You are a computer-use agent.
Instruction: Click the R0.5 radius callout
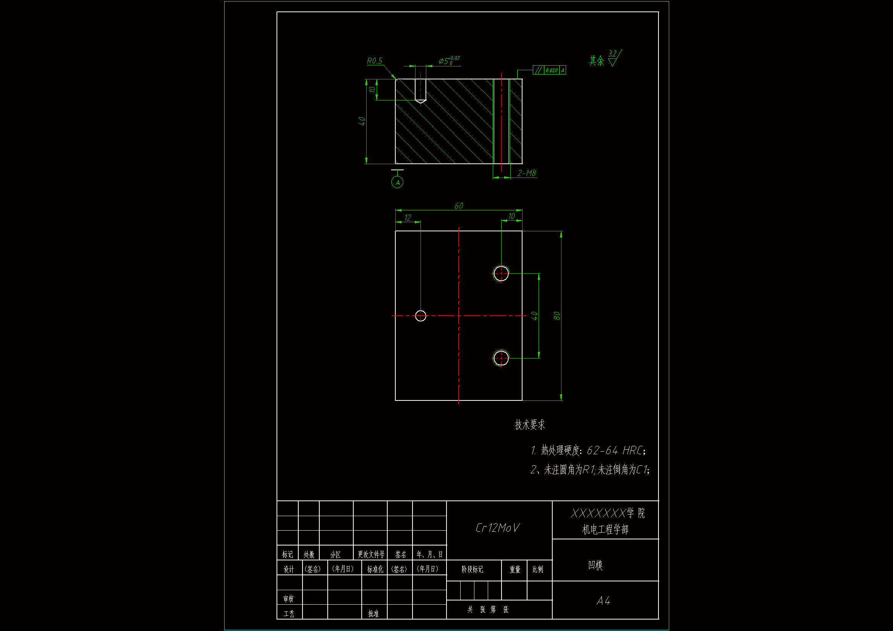point(375,61)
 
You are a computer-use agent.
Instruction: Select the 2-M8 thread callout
point(527,173)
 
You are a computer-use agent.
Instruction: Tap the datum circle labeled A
point(397,182)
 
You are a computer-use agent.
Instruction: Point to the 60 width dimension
point(459,206)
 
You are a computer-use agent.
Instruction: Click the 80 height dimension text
point(557,316)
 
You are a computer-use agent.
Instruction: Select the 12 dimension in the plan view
point(408,218)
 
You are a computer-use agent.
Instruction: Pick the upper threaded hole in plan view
point(501,273)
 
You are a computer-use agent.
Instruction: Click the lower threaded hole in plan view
point(501,358)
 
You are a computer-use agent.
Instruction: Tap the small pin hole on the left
point(421,316)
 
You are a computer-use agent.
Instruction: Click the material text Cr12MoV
point(497,528)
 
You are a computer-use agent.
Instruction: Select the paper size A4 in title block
point(603,601)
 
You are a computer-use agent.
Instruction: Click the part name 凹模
point(595,565)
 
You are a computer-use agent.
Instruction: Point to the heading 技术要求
point(530,424)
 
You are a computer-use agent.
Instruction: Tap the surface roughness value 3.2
point(612,54)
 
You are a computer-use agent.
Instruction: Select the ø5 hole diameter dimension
point(448,61)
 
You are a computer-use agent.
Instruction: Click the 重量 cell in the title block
point(515,570)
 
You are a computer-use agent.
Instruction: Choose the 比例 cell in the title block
point(538,570)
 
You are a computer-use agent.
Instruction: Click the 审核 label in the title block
point(288,599)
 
